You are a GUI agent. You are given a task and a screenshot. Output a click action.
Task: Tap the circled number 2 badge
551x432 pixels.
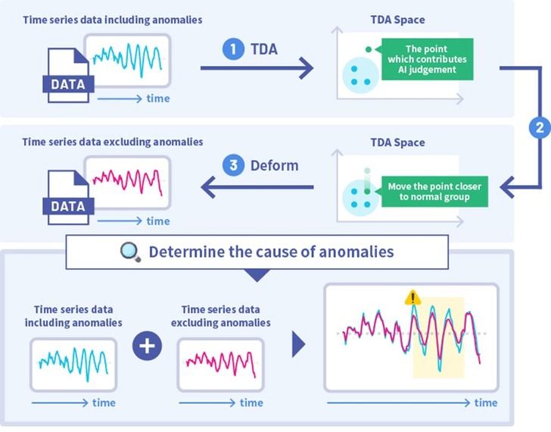540,127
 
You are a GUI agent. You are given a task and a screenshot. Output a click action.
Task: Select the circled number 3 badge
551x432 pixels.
233,164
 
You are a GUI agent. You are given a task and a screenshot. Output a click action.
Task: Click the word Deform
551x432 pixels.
275,165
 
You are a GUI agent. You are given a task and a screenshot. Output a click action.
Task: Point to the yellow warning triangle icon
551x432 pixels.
412,299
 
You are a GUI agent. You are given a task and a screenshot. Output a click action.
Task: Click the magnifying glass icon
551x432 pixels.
130,252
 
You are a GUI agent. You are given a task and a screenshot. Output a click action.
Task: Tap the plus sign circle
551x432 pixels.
148,347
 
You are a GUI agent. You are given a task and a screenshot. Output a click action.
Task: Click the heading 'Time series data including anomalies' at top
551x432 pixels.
112,20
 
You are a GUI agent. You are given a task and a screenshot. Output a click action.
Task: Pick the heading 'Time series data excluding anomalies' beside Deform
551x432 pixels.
112,142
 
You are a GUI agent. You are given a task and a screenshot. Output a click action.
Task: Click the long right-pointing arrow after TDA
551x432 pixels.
257,70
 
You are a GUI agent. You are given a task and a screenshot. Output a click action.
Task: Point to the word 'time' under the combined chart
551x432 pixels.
486,402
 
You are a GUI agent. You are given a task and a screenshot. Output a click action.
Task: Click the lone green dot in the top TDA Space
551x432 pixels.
368,49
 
